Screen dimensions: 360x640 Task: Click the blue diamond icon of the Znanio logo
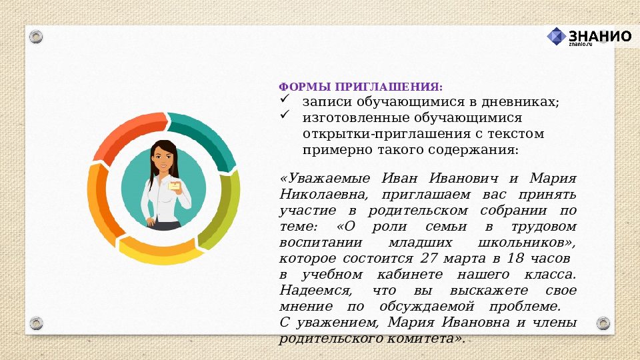(x=556, y=37)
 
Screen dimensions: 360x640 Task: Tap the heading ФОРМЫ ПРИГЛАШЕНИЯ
(x=360, y=87)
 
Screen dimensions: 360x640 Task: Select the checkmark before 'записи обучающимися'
(x=285, y=99)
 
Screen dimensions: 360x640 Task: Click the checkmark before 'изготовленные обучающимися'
(x=285, y=115)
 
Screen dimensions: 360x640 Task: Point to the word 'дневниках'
(x=524, y=102)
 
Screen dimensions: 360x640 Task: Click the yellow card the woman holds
(x=175, y=187)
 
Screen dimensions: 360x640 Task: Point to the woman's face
(x=162, y=160)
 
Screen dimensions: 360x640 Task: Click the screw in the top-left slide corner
(x=36, y=35)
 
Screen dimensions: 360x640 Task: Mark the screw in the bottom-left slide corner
(x=36, y=324)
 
